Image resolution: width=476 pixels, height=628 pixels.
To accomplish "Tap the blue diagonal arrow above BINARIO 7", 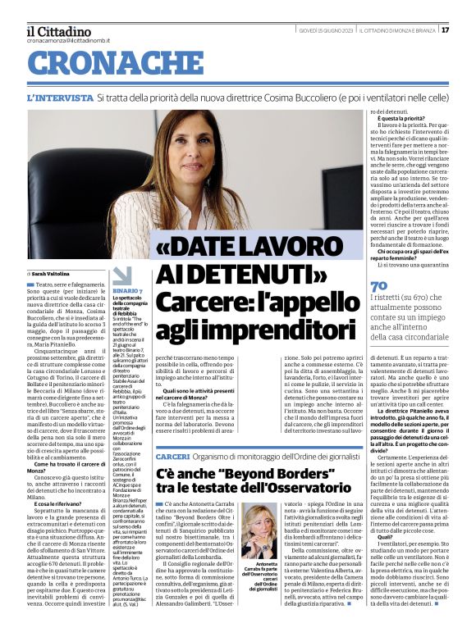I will point(121,275).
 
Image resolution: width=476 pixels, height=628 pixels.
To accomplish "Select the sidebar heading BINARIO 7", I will point(127,291).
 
